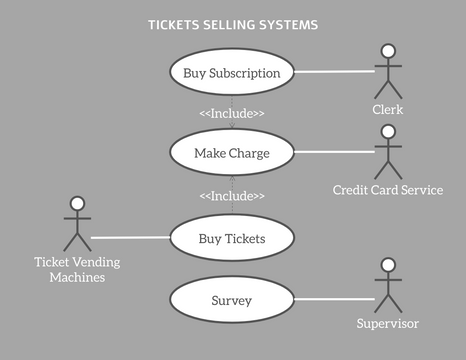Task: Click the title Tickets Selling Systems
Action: click(x=233, y=24)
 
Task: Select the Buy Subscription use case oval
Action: click(x=232, y=73)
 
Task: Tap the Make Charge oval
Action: click(x=232, y=153)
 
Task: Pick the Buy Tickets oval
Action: click(x=232, y=238)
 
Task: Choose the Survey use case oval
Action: click(x=232, y=300)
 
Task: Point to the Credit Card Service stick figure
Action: click(x=387, y=152)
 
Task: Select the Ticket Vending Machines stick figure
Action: click(x=75, y=225)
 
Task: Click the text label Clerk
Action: click(x=387, y=110)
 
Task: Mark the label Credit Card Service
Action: click(x=387, y=190)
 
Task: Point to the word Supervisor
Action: click(x=387, y=324)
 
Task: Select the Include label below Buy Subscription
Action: click(x=232, y=113)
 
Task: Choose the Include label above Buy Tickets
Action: click(x=232, y=196)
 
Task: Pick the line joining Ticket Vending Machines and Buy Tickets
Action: click(x=130, y=238)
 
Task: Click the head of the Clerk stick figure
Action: click(x=387, y=51)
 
